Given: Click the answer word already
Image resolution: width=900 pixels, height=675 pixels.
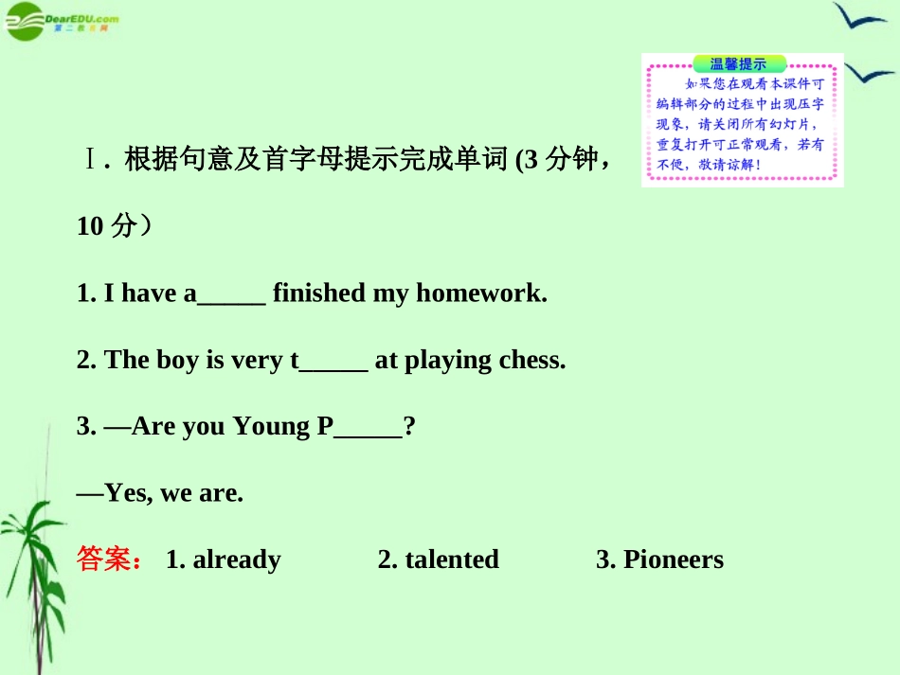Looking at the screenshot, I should point(237,560).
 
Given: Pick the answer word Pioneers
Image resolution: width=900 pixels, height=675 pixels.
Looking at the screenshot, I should point(673,560).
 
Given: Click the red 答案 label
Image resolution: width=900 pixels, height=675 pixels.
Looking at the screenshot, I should point(107,560).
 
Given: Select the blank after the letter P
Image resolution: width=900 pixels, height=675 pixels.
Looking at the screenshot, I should point(369,431).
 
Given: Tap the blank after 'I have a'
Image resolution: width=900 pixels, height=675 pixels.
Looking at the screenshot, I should point(231,298).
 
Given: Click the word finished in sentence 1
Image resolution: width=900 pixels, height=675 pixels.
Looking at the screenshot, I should point(318,293).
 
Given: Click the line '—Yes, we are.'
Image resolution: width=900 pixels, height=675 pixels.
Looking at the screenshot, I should point(160,493).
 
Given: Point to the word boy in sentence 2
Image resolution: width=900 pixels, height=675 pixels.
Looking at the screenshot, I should point(177,361).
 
